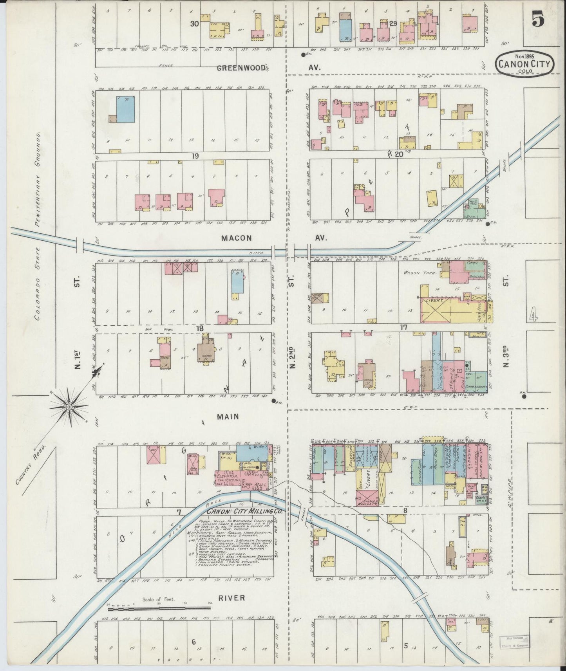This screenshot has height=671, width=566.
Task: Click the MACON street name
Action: tap(236, 238)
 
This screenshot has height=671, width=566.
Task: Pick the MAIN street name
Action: tap(228, 417)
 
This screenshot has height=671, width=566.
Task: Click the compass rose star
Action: tap(69, 407)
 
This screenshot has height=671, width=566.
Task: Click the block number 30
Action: tap(194, 23)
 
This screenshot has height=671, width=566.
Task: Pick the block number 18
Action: tap(200, 328)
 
